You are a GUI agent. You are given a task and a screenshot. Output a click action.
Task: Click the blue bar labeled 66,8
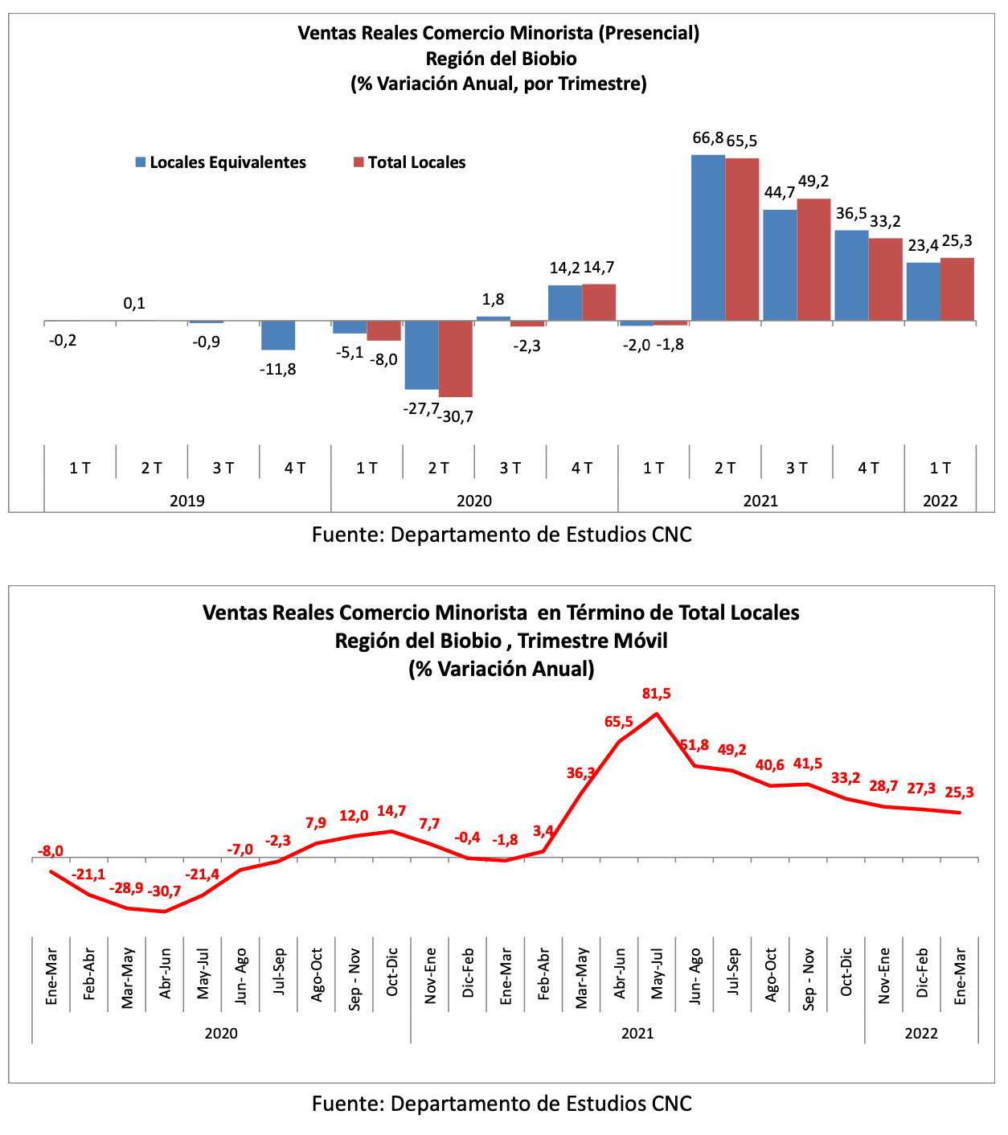pos(707,238)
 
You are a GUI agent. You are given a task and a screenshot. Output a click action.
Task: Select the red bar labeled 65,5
pos(742,240)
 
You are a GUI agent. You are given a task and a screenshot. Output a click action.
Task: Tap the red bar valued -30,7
pos(455,359)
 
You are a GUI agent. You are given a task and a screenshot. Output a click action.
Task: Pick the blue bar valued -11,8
pos(278,335)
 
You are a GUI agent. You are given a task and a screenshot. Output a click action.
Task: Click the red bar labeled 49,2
pos(813,260)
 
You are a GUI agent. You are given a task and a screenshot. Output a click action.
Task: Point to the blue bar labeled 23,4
pos(924,291)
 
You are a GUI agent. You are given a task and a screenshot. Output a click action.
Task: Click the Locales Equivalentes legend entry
pos(221,162)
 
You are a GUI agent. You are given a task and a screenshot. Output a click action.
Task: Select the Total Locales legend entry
pos(410,162)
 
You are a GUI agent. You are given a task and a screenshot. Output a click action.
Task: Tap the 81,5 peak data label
pos(656,693)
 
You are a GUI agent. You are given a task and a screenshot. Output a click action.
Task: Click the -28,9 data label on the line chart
pos(126,888)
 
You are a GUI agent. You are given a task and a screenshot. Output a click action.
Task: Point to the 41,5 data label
pos(807,763)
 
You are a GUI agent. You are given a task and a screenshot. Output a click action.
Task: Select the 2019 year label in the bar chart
pos(187,500)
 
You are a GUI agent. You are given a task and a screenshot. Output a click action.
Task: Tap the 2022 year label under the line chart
pos(921,1032)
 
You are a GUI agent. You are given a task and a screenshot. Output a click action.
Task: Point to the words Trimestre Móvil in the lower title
pos(592,641)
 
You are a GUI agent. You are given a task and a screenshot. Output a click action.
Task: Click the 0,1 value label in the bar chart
pos(134,303)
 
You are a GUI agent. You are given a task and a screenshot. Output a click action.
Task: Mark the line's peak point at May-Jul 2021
pos(656,713)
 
